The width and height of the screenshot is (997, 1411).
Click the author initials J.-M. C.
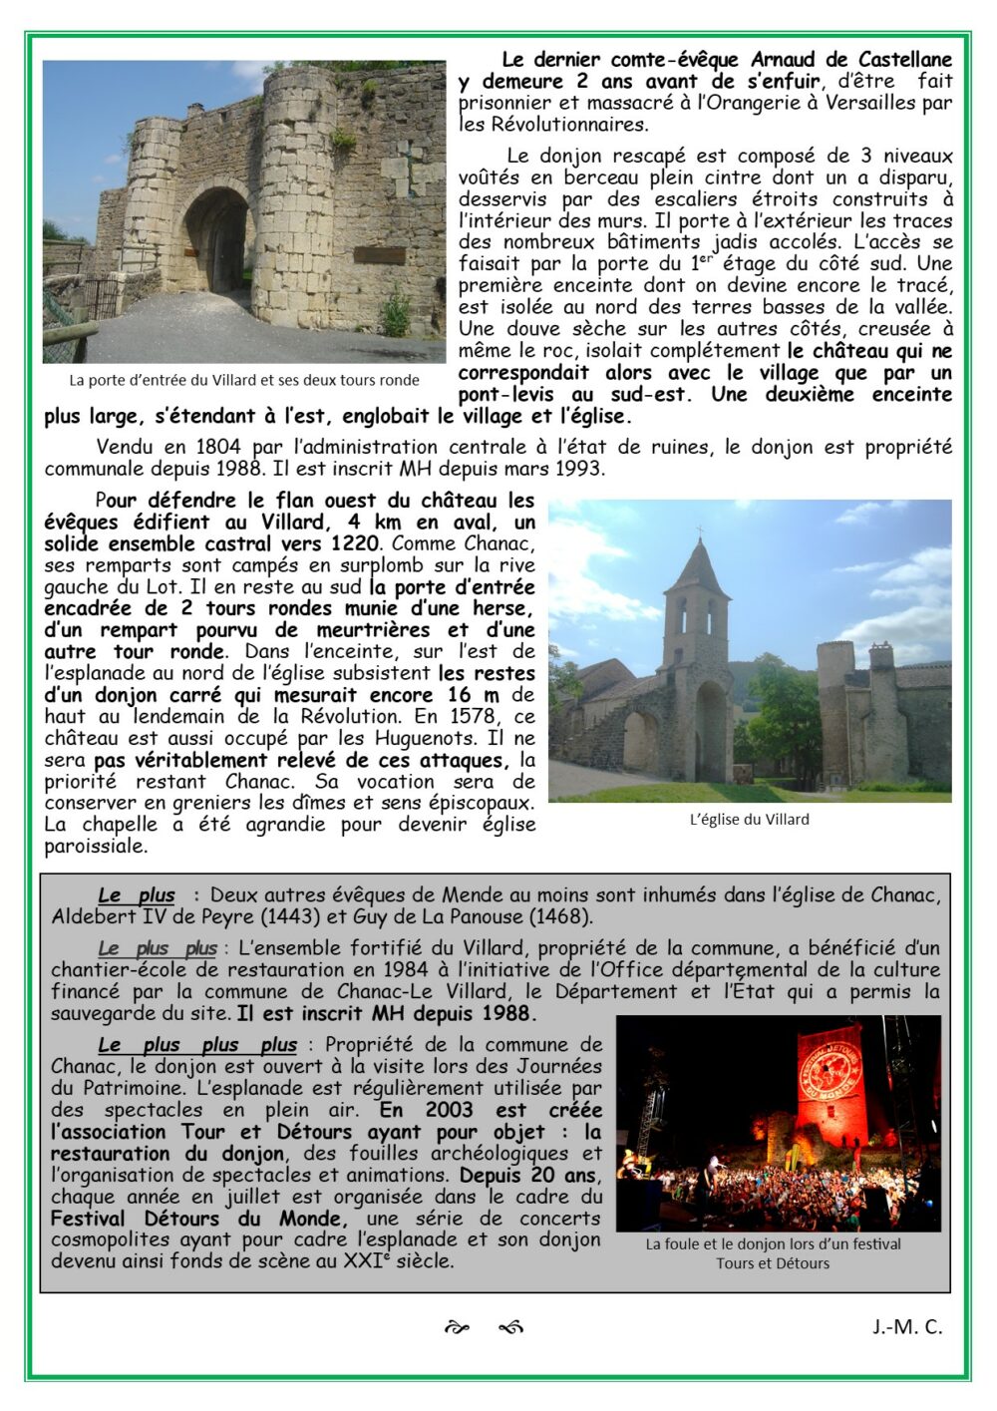pyautogui.click(x=906, y=1326)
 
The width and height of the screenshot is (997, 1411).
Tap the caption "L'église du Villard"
pyautogui.click(x=749, y=820)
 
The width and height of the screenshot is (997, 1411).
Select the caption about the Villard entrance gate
pyautogui.click(x=244, y=380)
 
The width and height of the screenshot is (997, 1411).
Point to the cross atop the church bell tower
pyautogui.click(x=699, y=530)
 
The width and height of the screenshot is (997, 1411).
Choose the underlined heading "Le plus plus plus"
pyautogui.click(x=197, y=1045)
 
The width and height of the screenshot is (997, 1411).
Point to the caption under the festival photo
pyautogui.click(x=773, y=1253)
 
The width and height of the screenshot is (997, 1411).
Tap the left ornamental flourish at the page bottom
pyautogui.click(x=457, y=1327)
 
